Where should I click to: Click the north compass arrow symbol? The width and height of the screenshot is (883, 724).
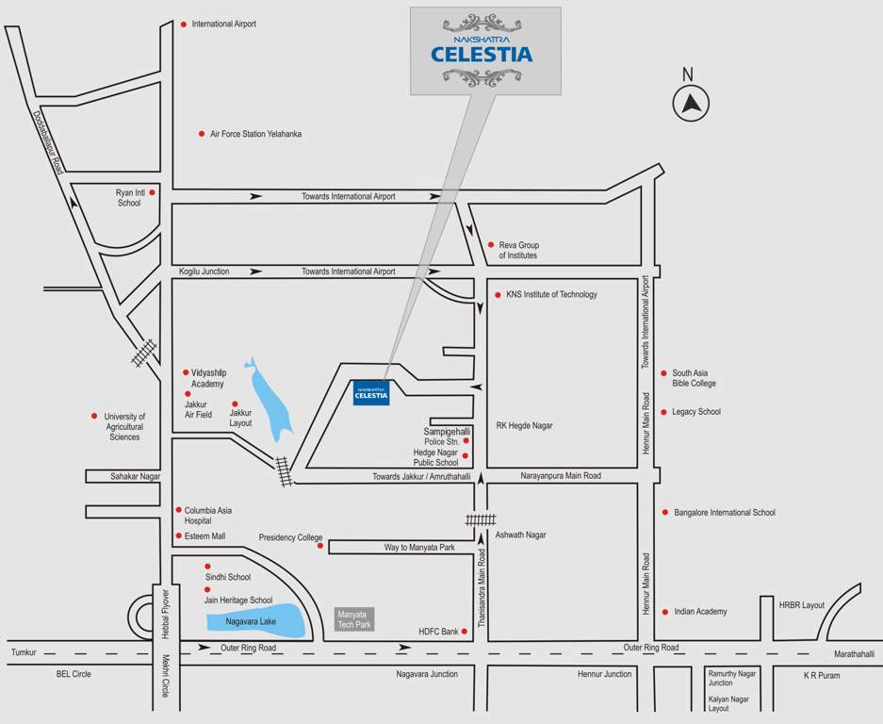point(692,103)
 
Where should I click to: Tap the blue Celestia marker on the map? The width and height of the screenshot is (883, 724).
point(371,393)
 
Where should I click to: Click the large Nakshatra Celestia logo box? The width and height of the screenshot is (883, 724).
point(485,51)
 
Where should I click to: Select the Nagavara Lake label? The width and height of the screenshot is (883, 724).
point(251,621)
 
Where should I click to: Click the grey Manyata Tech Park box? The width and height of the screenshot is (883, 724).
point(355,619)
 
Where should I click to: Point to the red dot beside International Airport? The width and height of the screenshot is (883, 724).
point(184,25)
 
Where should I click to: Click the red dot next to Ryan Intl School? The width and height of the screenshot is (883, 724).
point(152,191)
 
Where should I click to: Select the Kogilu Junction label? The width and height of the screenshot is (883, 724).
point(204,271)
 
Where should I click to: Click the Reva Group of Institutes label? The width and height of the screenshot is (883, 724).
point(519,250)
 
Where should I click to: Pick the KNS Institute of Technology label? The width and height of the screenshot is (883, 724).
point(551,294)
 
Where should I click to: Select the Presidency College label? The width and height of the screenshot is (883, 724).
point(290,538)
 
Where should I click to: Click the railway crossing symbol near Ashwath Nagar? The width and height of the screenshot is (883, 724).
point(480,519)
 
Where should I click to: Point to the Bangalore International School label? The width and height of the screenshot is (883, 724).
point(724,513)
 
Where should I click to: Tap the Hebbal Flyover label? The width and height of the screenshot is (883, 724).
point(165,614)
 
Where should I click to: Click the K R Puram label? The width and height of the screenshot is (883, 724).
point(821,675)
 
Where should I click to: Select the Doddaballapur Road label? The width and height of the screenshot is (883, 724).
point(48,142)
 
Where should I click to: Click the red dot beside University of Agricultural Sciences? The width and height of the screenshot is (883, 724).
point(94,416)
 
